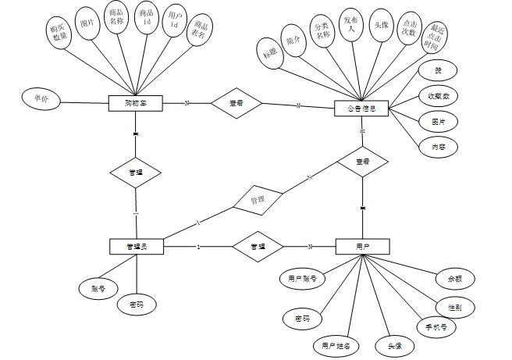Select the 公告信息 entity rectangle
(x=361, y=109)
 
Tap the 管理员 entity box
(x=136, y=247)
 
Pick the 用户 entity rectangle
(x=362, y=247)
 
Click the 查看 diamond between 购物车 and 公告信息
(x=235, y=103)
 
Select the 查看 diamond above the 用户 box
(x=362, y=162)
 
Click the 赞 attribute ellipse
(x=438, y=71)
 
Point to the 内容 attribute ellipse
(x=438, y=146)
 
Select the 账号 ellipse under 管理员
(x=98, y=288)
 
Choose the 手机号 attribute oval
(x=436, y=327)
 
